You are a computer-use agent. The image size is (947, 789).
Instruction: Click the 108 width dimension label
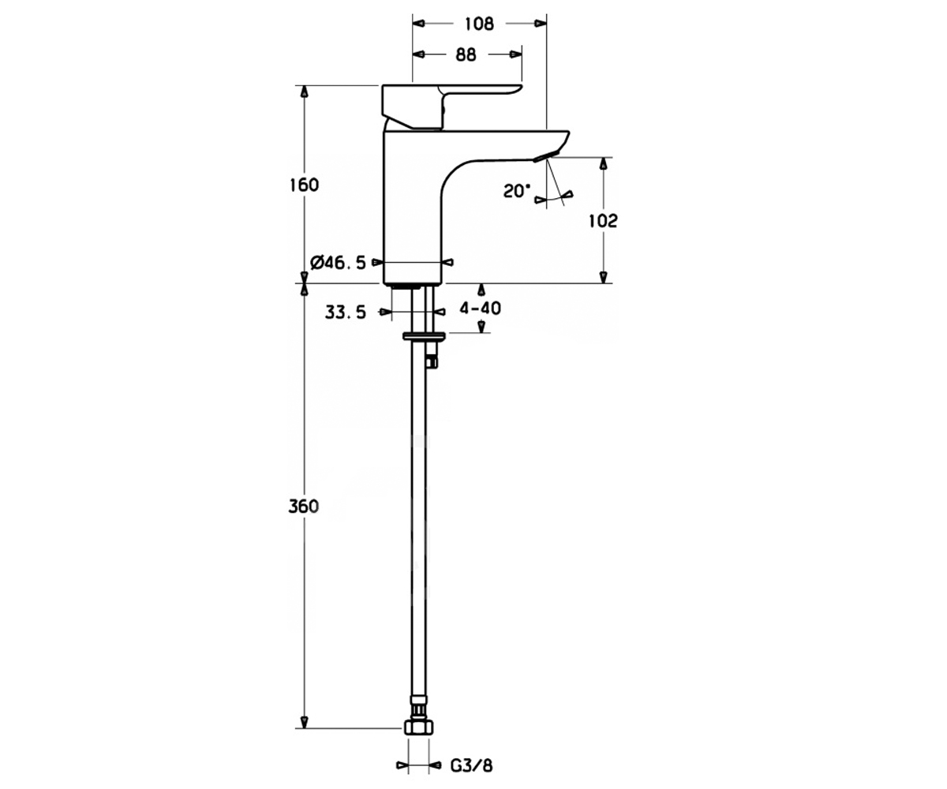point(479,24)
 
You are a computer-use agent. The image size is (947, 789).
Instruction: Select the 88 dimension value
point(466,54)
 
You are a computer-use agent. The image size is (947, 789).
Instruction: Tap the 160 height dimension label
point(305,185)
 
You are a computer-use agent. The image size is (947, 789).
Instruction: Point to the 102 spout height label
point(603,221)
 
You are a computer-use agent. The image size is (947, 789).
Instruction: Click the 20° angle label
point(517,191)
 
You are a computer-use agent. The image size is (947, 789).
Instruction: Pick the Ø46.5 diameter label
point(338,262)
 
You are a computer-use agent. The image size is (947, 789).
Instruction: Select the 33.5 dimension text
point(345,312)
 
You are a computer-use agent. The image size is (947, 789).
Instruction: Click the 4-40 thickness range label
point(481,308)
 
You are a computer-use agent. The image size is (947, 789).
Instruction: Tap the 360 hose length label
point(303,506)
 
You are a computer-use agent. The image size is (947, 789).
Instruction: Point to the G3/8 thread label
point(471,766)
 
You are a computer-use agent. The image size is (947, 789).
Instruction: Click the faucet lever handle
point(449,105)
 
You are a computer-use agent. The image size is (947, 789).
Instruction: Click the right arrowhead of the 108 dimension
point(540,23)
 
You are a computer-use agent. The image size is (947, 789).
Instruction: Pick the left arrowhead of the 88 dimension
point(418,54)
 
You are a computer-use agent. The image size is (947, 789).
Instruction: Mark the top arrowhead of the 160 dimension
point(305,92)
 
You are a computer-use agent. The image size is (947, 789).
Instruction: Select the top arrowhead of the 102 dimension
point(603,163)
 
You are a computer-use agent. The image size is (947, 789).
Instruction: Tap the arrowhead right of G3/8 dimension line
point(435,765)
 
